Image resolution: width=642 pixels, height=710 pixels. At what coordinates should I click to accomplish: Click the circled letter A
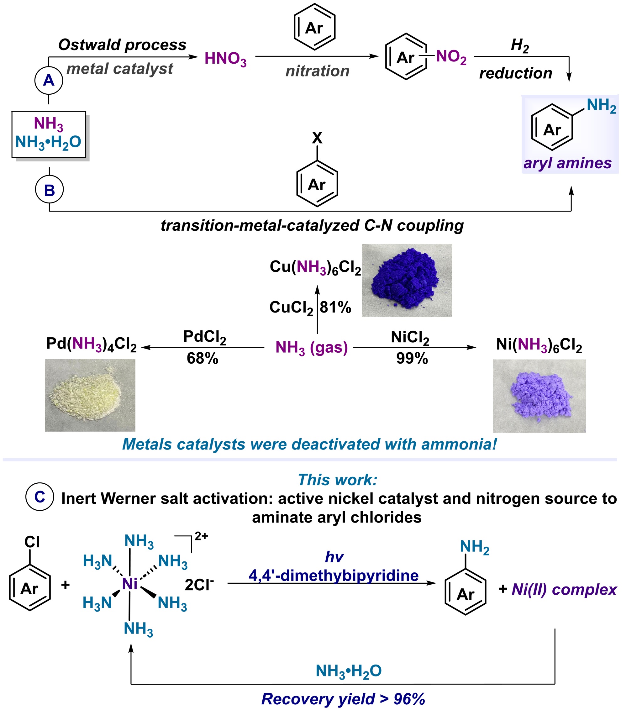[x=49, y=80]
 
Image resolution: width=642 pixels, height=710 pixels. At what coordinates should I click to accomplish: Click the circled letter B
[x=49, y=190]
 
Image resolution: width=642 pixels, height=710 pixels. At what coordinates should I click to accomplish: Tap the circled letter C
[x=40, y=497]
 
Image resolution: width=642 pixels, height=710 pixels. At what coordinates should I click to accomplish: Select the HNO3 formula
[x=225, y=59]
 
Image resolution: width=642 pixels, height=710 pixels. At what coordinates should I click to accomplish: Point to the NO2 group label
[x=451, y=57]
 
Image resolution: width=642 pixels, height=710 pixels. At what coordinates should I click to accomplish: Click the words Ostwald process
[x=122, y=45]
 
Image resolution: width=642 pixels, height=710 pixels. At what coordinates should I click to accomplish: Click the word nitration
[x=317, y=71]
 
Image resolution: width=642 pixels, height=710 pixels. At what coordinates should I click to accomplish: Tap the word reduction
[x=516, y=73]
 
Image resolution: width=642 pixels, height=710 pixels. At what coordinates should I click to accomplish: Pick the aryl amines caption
[x=567, y=163]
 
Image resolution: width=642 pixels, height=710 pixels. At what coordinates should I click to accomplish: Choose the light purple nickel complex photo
[x=539, y=396]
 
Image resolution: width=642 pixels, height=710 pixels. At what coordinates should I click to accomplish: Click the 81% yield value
[x=335, y=307]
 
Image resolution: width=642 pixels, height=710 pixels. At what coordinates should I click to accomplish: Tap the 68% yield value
[x=203, y=358]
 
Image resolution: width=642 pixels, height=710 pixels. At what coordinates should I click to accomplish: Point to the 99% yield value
[x=412, y=358]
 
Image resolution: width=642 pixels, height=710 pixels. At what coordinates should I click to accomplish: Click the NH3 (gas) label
[x=311, y=348]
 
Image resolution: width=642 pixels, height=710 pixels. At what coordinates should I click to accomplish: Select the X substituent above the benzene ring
[x=317, y=138]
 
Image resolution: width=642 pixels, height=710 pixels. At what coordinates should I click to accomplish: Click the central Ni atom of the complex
[x=129, y=584]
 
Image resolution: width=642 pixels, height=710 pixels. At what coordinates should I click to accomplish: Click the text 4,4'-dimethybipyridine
[x=334, y=576]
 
